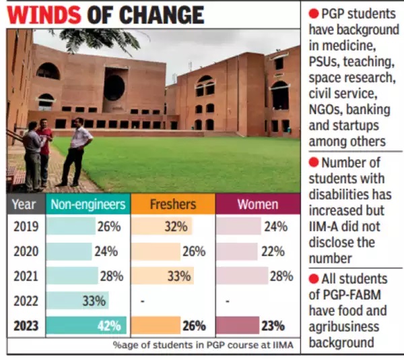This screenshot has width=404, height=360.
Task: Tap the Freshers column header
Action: pos(173,204)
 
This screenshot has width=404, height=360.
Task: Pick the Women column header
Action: pos(257,204)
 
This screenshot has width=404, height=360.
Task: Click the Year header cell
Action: pos(26,204)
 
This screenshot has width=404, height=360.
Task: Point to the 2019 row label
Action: pos(26,227)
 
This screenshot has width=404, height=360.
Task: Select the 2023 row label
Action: pos(26,325)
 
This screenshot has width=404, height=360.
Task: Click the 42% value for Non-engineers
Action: pos(108,326)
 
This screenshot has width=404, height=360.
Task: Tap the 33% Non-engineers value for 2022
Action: pos(95,301)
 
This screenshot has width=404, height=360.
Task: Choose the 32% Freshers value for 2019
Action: pos(176,227)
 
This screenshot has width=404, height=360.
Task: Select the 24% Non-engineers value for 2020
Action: pos(106,251)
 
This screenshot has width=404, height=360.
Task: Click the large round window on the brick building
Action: pos(114,87)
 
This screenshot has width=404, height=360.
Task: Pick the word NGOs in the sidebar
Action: pos(326,111)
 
